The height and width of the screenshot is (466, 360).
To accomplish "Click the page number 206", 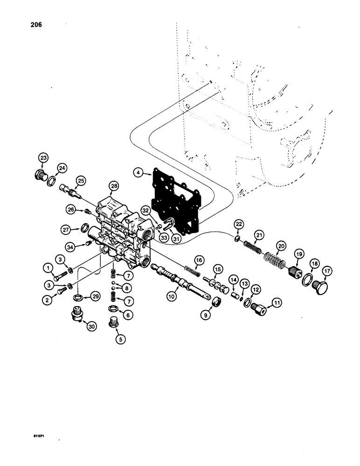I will click(35, 25).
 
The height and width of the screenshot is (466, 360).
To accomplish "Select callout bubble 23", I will click(43, 158).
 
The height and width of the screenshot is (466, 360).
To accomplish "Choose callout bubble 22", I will click(239, 225).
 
